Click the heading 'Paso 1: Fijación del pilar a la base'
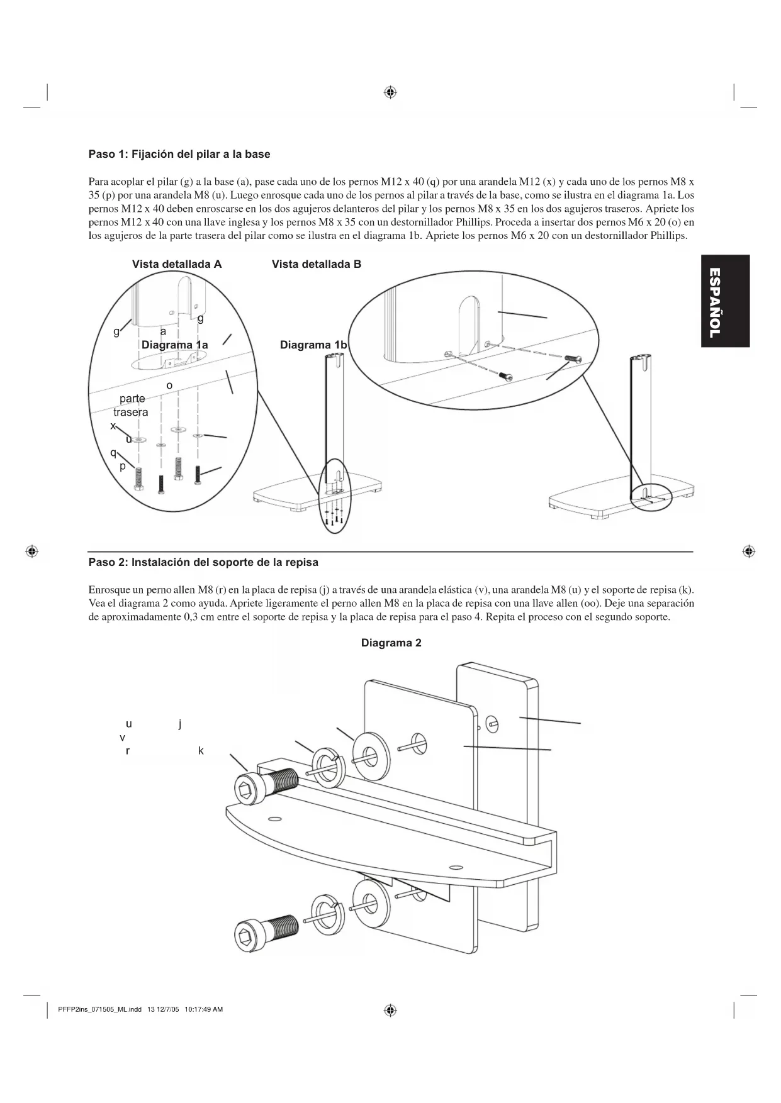pyautogui.click(x=179, y=154)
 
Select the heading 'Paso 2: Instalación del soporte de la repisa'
pyautogui.click(x=203, y=562)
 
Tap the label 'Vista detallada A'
pyautogui.click(x=177, y=264)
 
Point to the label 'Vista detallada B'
pyautogui.click(x=317, y=264)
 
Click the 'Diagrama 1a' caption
pyautogui.click(x=174, y=345)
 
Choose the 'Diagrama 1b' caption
pyautogui.click(x=313, y=345)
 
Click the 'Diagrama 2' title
pyautogui.click(x=391, y=643)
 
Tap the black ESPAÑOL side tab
pyautogui.click(x=725, y=301)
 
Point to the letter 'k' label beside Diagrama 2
pyautogui.click(x=201, y=751)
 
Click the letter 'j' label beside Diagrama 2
pyautogui.click(x=180, y=724)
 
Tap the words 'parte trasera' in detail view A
pyautogui.click(x=131, y=406)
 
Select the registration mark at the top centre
pyautogui.click(x=390, y=93)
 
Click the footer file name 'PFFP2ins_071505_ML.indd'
pyautogui.click(x=99, y=1010)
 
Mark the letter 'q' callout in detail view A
pyautogui.click(x=113, y=453)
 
